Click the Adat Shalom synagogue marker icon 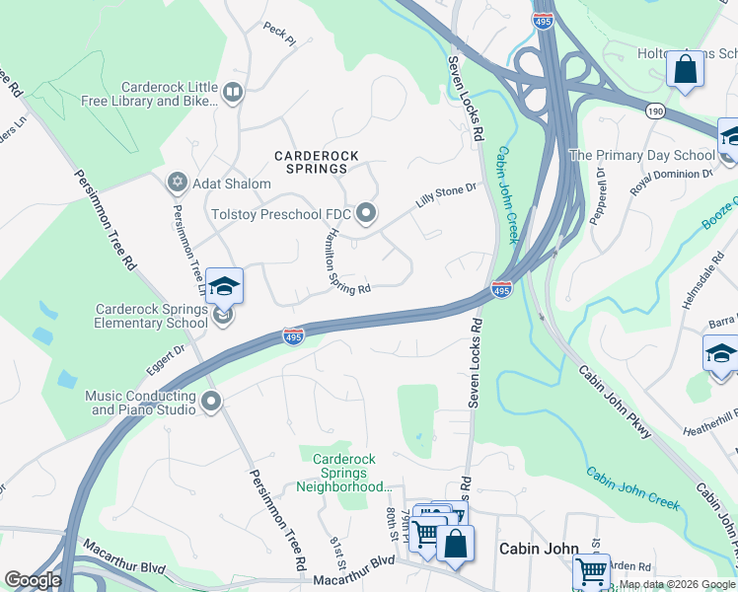(x=178, y=183)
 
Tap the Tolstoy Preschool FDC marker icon (x=367, y=212)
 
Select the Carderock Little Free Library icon (x=233, y=94)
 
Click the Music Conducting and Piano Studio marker (x=211, y=401)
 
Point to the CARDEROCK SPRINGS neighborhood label (x=317, y=163)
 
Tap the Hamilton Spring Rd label (x=336, y=259)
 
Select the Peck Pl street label (x=279, y=35)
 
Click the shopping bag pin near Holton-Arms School (x=684, y=70)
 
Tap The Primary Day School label (x=642, y=155)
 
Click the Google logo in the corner (x=33, y=580)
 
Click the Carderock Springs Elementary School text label (x=151, y=316)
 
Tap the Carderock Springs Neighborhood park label (x=345, y=473)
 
